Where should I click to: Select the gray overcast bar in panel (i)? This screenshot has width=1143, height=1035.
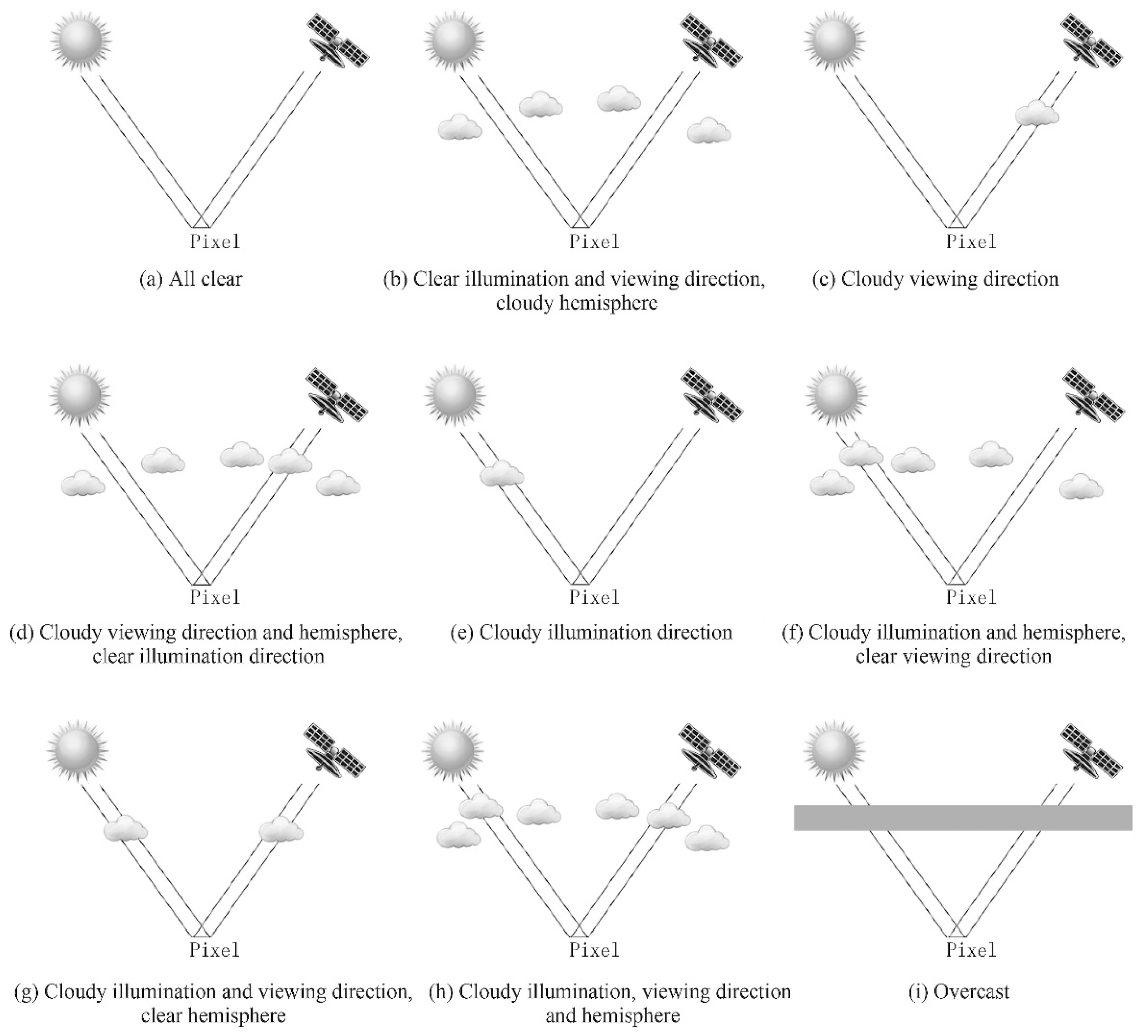[963, 817]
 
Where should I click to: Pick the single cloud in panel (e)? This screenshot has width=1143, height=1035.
[502, 474]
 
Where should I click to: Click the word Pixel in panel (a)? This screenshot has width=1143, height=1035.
[215, 242]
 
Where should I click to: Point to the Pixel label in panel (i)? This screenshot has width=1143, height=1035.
[971, 950]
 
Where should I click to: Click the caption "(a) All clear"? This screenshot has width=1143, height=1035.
[191, 279]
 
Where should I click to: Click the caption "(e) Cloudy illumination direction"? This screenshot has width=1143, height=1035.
[591, 632]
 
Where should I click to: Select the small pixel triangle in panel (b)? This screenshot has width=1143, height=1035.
[578, 222]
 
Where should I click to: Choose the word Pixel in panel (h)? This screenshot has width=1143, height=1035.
[594, 950]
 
